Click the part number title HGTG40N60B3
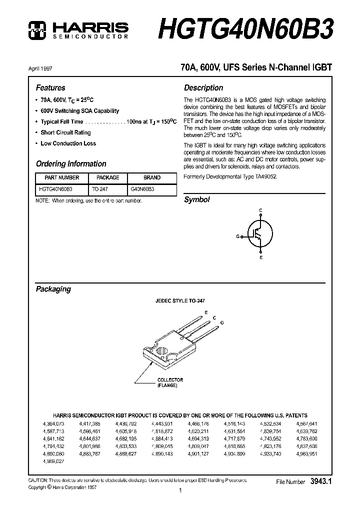(246, 28)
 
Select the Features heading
(50, 87)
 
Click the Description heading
(203, 87)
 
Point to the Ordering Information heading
(71, 163)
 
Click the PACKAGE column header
(107, 177)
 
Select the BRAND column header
(152, 177)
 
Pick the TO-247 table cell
(100, 189)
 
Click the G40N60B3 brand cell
(142, 189)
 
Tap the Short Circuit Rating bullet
(65, 132)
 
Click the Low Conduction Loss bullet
(68, 143)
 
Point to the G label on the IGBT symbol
(238, 235)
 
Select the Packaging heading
(53, 289)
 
